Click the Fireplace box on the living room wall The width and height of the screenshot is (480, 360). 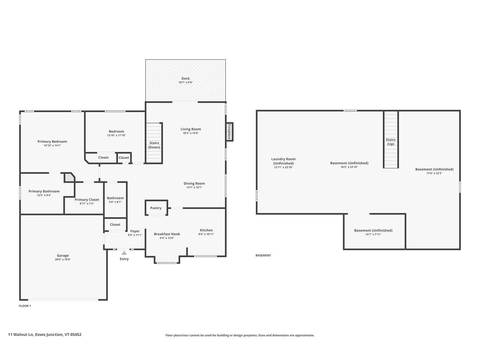tap(229, 132)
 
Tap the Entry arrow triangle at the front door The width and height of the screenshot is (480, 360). tap(124, 253)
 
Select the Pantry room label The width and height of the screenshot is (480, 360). tap(156, 208)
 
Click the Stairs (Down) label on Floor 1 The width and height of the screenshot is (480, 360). tap(154, 145)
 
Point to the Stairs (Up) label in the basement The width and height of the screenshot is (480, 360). tap(390, 142)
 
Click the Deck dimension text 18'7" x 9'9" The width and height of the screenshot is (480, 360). tap(186, 82)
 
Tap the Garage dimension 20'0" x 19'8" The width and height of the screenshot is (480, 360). tap(63, 259)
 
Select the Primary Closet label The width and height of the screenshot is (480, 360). tap(87, 199)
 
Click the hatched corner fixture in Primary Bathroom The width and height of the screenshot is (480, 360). tap(69, 177)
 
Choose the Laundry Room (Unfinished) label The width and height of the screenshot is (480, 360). tap(283, 161)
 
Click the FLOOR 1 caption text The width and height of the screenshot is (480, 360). tap(25, 306)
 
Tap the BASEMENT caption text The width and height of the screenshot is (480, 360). tap(263, 255)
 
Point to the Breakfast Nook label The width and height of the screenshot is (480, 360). tap(167, 234)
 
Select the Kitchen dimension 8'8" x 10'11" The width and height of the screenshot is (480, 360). tap(206, 234)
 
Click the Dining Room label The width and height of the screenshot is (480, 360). tap(194, 183)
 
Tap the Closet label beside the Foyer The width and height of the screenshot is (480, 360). tap(115, 225)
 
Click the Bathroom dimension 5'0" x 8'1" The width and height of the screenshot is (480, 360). tap(115, 202)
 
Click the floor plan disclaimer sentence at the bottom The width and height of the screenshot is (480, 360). tap(240, 335)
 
